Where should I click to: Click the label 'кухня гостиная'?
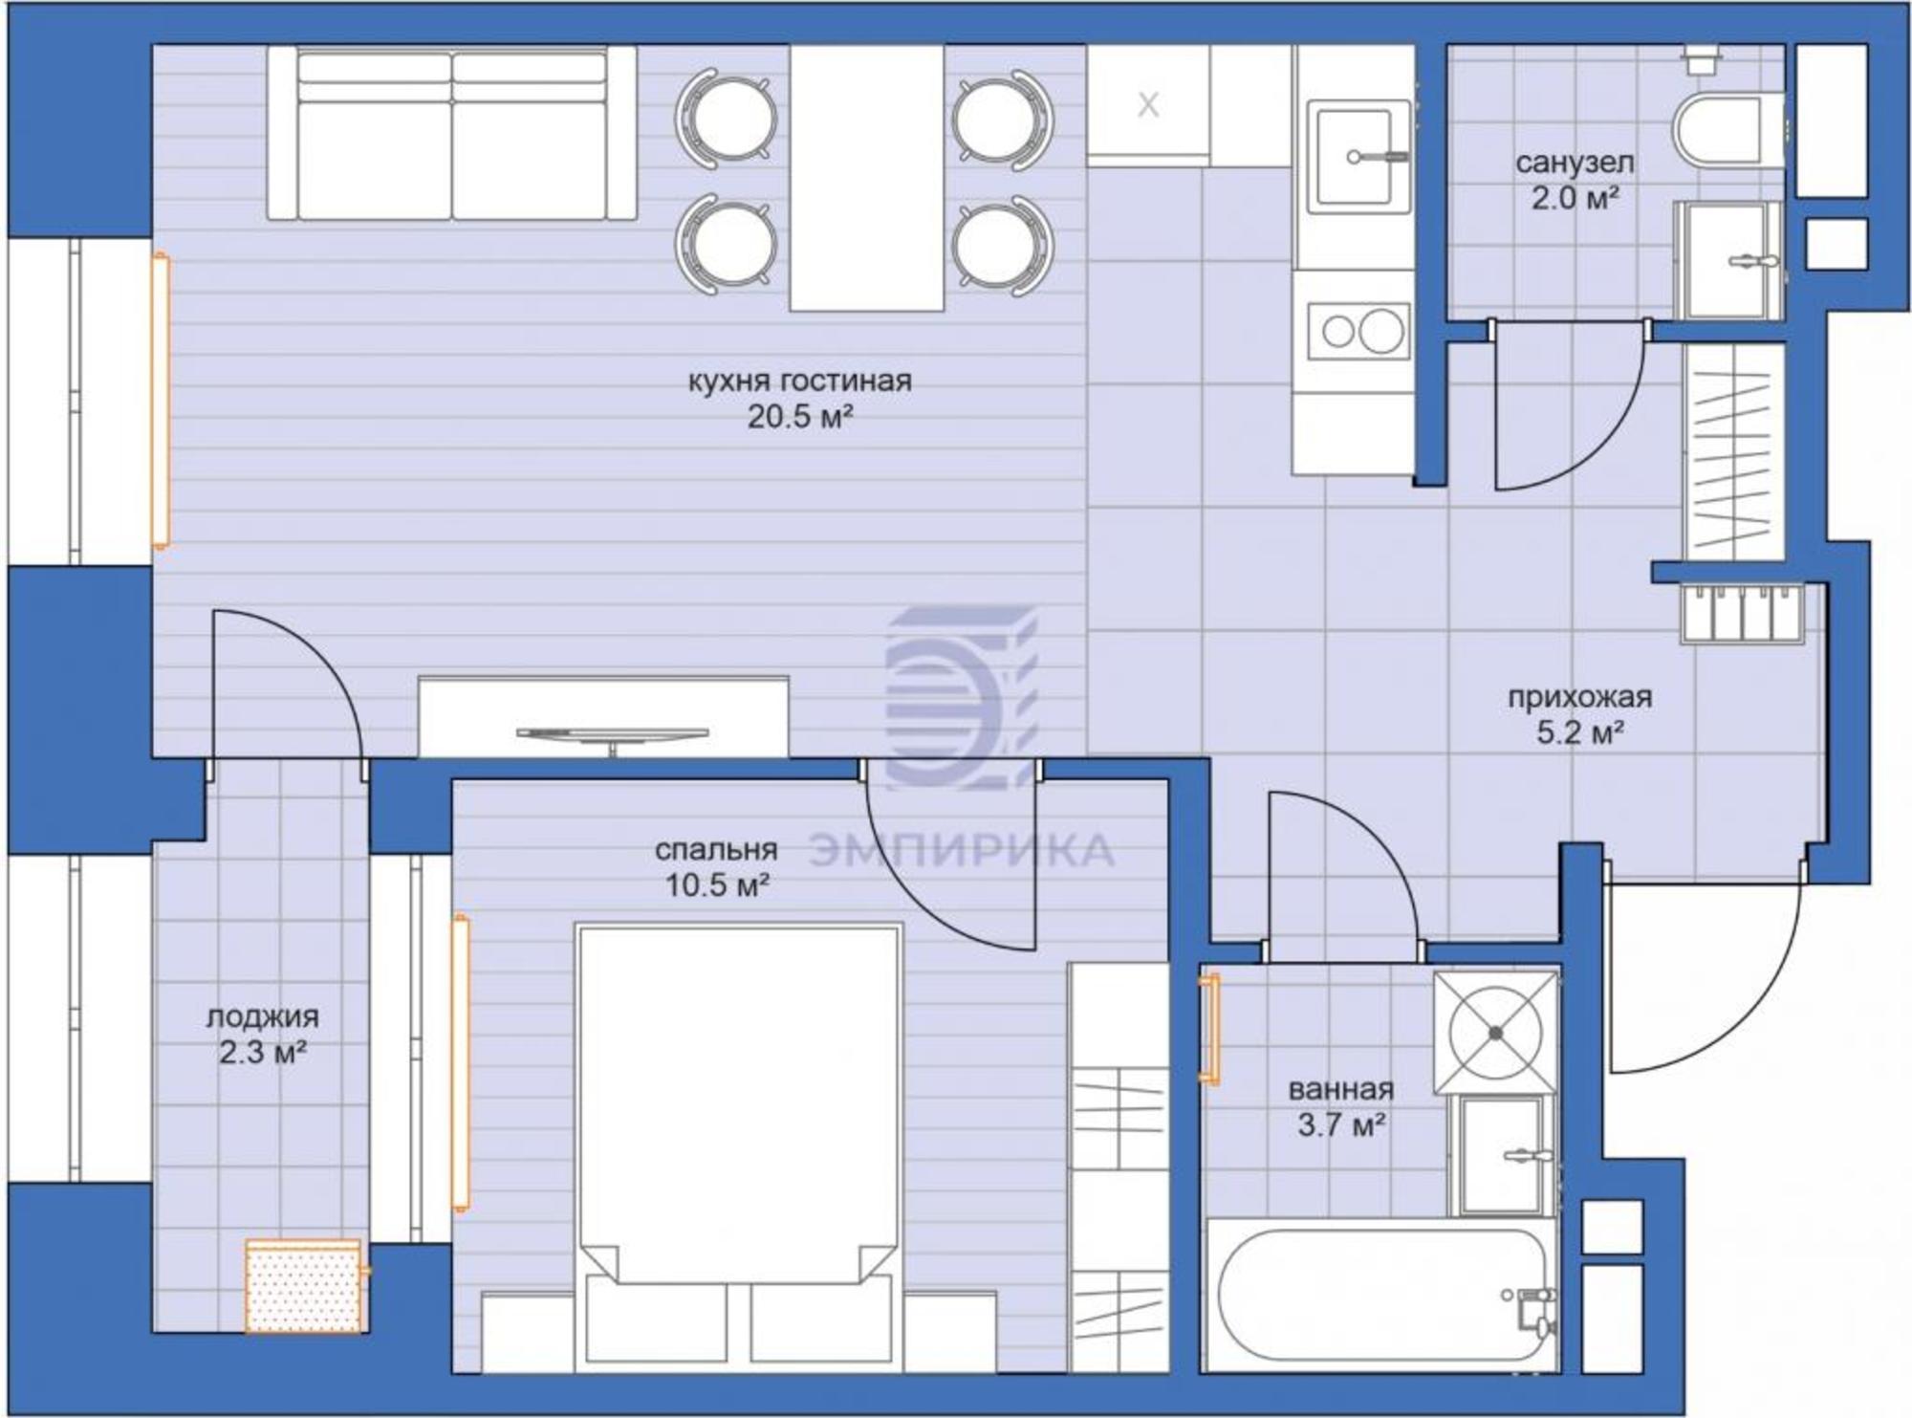tap(800, 382)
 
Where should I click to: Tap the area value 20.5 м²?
tap(800, 418)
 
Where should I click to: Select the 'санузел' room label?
tap(1575, 164)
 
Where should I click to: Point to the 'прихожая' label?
tap(1580, 697)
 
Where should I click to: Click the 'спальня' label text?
tap(717, 849)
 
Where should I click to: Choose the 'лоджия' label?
tap(262, 1016)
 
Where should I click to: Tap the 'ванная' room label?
tap(1341, 1089)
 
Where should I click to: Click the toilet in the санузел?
tap(1728, 131)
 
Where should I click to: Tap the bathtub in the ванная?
tap(1382, 1294)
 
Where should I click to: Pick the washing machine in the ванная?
tap(1496, 1033)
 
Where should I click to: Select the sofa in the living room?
tap(451, 134)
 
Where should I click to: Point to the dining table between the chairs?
tap(867, 179)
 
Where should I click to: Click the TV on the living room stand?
tap(612, 734)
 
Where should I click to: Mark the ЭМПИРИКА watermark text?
tap(961, 850)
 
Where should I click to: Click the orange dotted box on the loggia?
tap(304, 1286)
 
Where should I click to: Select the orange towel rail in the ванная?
tap(1209, 1029)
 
